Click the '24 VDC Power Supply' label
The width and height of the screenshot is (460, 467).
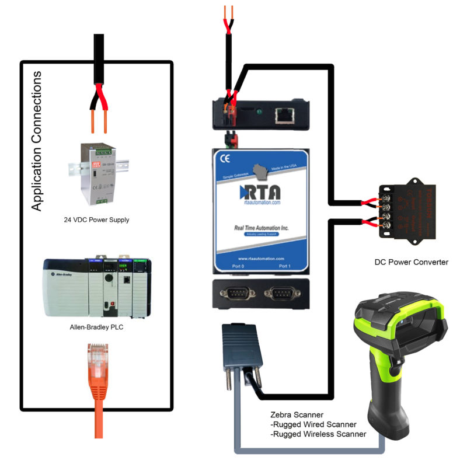(96, 220)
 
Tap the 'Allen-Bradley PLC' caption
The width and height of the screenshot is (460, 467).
(97, 327)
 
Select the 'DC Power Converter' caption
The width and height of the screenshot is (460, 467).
(411, 262)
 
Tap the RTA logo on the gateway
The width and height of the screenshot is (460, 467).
(260, 192)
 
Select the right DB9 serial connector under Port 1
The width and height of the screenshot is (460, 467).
(284, 293)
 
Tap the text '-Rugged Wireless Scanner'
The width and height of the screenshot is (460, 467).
(319, 434)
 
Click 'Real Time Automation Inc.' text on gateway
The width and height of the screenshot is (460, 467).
(260, 228)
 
